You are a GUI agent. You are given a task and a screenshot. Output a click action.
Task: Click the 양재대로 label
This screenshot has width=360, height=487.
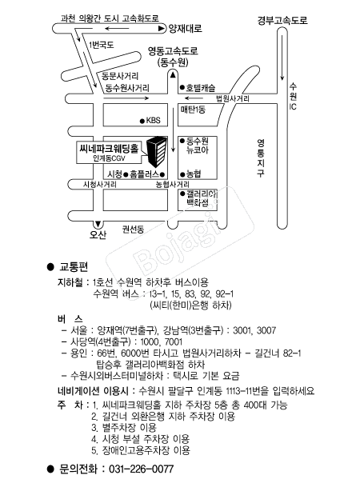point(186,29)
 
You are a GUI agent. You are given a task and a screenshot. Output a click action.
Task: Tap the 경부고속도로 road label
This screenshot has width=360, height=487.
point(282,20)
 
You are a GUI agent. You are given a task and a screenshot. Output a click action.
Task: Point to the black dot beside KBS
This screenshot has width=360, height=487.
point(142,121)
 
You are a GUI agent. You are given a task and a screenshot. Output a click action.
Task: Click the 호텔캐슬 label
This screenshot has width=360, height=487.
point(201,88)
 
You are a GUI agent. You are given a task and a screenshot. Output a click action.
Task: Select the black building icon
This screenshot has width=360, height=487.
point(157,151)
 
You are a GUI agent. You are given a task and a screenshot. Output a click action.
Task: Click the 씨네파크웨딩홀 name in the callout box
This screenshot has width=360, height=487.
point(109,149)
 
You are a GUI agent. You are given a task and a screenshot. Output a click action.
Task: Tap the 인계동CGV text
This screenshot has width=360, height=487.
point(109,158)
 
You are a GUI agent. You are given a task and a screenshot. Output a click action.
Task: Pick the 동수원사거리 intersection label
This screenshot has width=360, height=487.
point(127,88)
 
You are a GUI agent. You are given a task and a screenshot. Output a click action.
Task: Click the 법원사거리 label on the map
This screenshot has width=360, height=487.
point(233,99)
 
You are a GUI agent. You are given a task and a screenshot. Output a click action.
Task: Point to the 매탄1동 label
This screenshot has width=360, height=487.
point(193,110)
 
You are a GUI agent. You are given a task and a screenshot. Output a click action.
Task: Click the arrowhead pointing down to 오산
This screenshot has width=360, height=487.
point(98,224)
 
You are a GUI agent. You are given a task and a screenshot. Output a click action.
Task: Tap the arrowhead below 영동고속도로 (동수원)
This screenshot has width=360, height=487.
point(173,74)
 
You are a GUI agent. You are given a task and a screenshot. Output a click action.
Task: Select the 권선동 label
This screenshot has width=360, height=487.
point(133,230)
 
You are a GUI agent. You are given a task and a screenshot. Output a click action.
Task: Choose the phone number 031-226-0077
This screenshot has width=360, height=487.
point(142,469)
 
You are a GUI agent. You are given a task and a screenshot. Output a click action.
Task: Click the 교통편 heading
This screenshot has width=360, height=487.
point(74,266)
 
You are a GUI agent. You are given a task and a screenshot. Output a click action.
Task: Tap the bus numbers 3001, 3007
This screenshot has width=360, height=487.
point(254,330)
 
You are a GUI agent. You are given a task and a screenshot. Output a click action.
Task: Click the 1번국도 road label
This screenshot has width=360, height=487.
point(102,45)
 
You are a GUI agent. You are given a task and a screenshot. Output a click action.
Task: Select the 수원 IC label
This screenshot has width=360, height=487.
point(293,96)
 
